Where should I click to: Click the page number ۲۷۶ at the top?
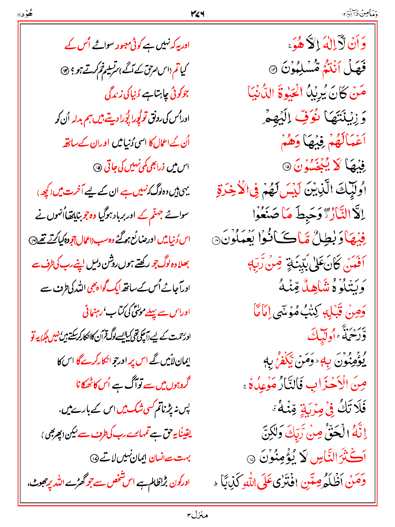pos(197,14)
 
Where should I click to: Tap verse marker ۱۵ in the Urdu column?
pos(97,168)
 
